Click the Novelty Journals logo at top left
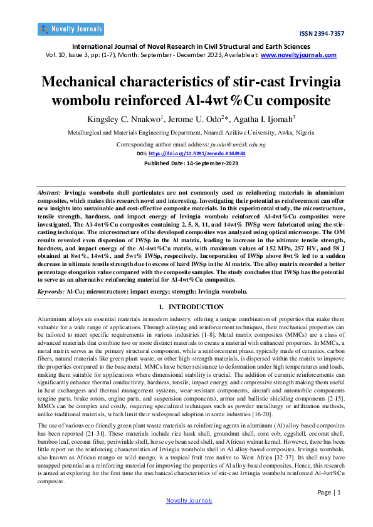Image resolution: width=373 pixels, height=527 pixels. pyautogui.click(x=70, y=28)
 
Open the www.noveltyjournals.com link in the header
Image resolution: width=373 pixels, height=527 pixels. pyautogui.click(x=298, y=55)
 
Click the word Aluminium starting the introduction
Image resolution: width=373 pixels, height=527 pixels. pyautogui.click(x=53, y=320)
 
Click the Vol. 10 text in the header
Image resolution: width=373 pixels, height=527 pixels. pyautogui.click(x=58, y=55)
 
